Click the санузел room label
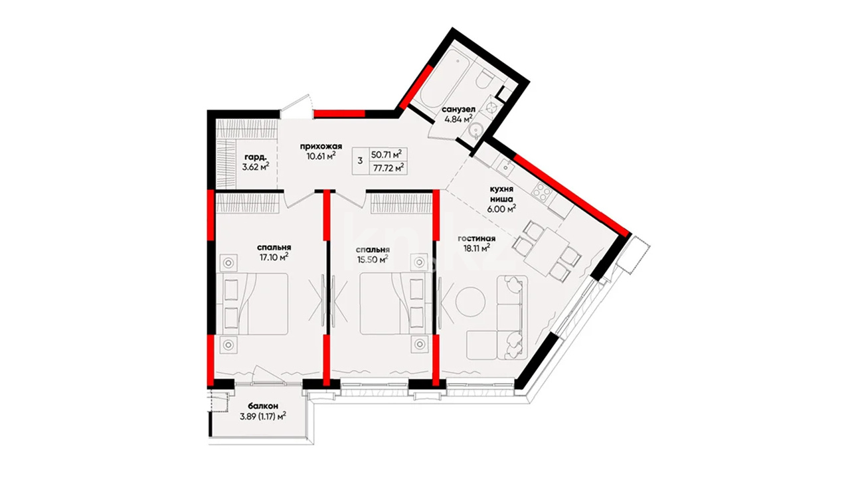click(458, 110)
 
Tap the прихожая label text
click(321, 146)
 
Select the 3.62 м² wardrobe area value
click(256, 166)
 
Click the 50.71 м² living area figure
click(387, 154)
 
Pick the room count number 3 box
click(360, 161)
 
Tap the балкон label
click(263, 406)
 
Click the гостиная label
click(476, 239)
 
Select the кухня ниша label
click(501, 195)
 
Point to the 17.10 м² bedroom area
click(274, 257)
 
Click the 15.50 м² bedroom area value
click(373, 259)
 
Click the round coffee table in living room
click(471, 301)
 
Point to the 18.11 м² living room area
click(477, 248)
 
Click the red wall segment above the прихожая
click(339, 114)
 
